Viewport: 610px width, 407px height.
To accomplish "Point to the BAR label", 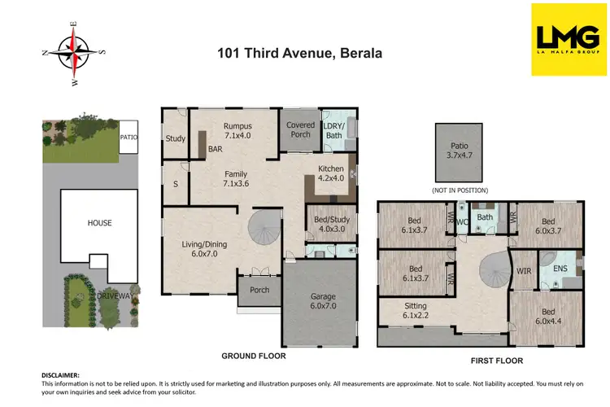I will (x=216, y=151).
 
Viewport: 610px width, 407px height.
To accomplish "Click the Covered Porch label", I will (x=300, y=129).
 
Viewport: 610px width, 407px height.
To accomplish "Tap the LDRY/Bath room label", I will (x=334, y=129).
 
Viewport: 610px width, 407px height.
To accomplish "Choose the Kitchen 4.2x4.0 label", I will (x=331, y=173).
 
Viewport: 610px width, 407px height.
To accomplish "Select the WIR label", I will (x=523, y=271).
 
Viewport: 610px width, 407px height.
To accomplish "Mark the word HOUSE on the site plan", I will (x=100, y=223).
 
